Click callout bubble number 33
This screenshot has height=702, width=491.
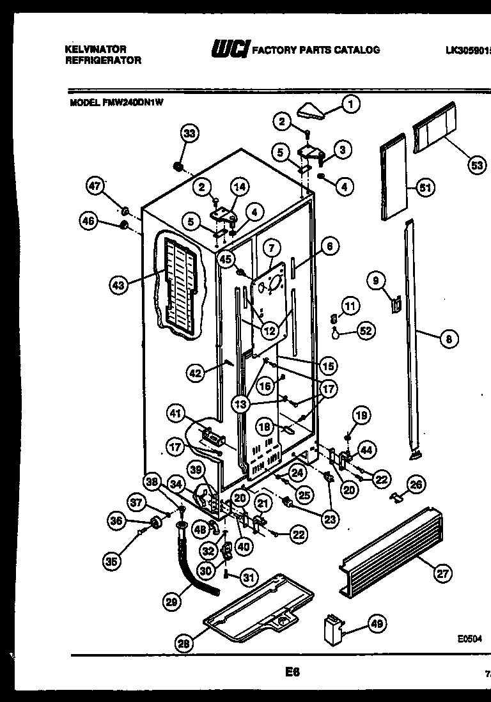coord(189,134)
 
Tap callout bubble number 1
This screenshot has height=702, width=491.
coord(350,103)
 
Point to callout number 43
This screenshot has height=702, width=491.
coord(118,286)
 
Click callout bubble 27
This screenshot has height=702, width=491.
coord(442,573)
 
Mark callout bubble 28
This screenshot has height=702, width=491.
coord(183,644)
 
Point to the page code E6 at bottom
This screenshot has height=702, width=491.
coord(292,671)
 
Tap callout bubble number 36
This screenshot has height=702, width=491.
coord(116,522)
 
